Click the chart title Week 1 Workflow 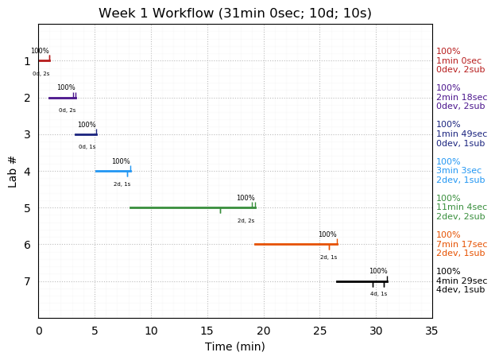point(234,14)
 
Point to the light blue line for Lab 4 point(112,171)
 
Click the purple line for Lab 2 point(62,98)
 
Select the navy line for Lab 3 point(86,134)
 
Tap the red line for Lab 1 point(44,60)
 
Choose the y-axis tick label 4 point(27,171)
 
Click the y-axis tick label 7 point(27,281)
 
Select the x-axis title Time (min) point(234,346)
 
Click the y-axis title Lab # point(13,171)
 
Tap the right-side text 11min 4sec point(461,207)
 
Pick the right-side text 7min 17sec point(461,244)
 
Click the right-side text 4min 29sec point(461,281)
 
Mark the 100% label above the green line point(246,198)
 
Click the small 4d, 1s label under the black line point(378,294)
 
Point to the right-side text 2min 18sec point(461,98)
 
